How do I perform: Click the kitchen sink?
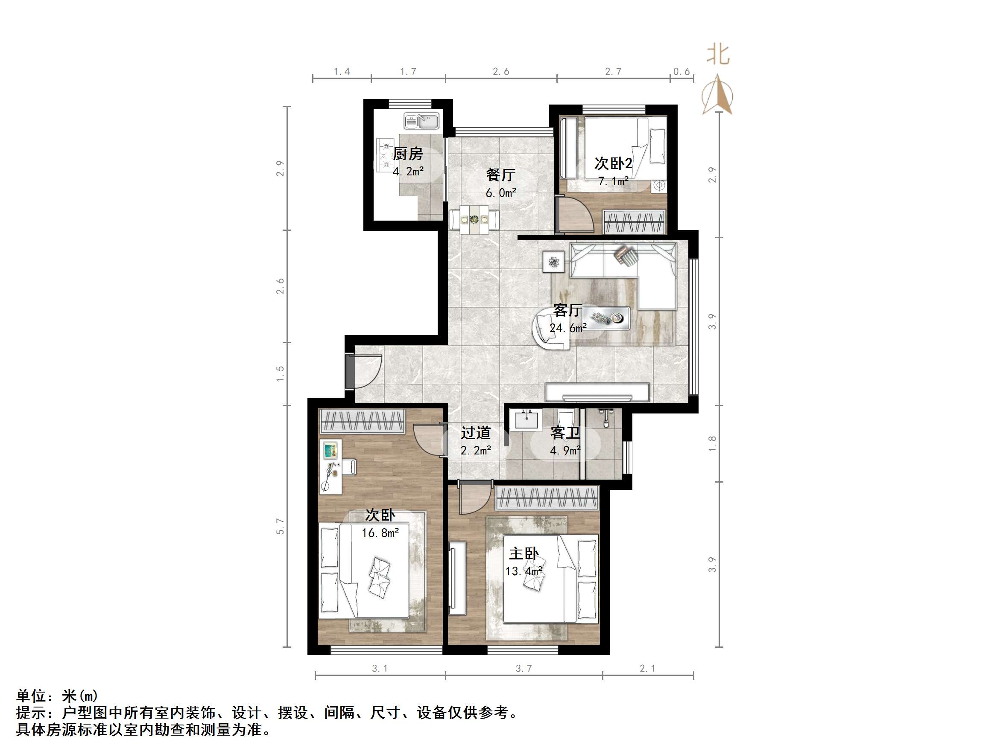(421, 121)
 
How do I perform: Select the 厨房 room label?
(407, 154)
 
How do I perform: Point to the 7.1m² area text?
(613, 181)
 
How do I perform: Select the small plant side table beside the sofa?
(553, 262)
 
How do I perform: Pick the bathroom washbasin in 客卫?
(526, 419)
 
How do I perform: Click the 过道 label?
(476, 433)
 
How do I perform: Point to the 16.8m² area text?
(380, 533)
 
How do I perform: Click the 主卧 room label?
(523, 553)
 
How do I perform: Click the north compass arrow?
(717, 95)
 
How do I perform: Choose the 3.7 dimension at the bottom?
(523, 669)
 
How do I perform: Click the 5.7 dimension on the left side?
(280, 526)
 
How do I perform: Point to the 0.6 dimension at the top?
(681, 71)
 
